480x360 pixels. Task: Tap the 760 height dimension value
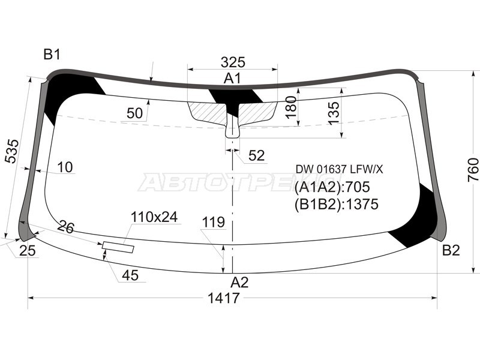[x=473, y=170]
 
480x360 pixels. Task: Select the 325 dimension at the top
[x=233, y=62]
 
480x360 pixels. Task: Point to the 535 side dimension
[x=12, y=151]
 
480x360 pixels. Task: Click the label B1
[x=52, y=55]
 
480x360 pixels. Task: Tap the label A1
[x=233, y=79]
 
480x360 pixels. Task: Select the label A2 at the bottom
[x=239, y=282]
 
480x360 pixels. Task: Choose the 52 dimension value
[x=256, y=155]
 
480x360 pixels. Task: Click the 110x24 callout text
[x=155, y=217]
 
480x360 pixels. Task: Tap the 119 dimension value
[x=213, y=223]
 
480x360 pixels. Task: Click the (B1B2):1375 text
[x=336, y=205]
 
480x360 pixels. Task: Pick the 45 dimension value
[x=130, y=275]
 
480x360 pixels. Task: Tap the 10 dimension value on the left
[x=65, y=167]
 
